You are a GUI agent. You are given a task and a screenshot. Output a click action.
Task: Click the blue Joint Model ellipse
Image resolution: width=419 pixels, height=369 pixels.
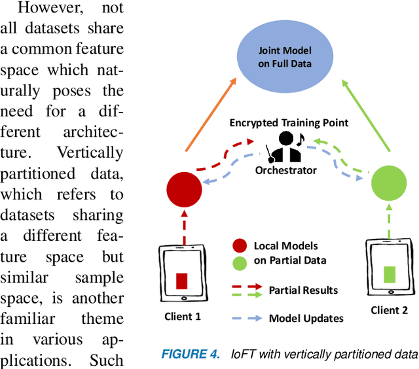(x=283, y=57)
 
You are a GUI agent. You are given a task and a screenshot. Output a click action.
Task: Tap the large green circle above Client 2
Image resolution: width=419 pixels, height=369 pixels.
(x=389, y=184)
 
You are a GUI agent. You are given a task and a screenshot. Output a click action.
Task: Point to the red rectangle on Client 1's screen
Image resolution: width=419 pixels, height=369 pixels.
(x=181, y=281)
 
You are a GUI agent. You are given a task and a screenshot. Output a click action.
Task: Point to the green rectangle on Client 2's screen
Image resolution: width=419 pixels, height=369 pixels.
(x=390, y=274)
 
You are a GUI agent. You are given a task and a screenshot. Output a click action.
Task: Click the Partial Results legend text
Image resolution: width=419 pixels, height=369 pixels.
(x=304, y=289)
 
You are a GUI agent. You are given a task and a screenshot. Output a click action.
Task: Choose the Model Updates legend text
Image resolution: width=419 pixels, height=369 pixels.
(x=304, y=319)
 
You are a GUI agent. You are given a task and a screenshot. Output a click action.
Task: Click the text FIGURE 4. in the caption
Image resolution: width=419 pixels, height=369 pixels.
(x=191, y=355)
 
